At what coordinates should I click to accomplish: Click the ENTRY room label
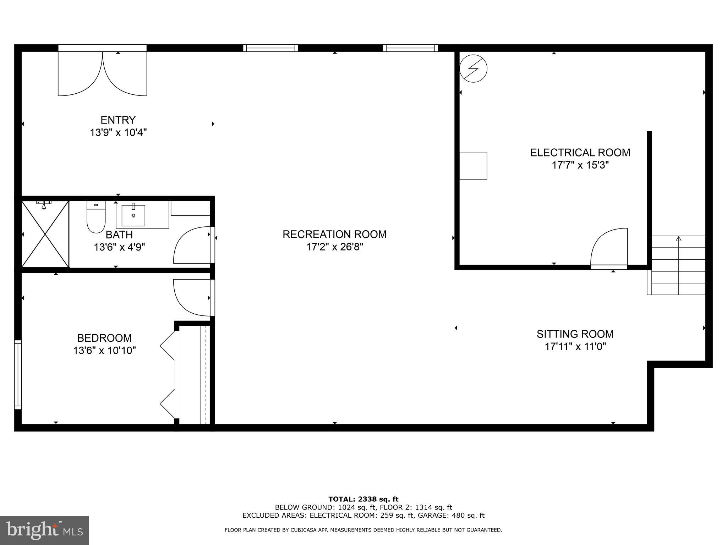pyautogui.click(x=118, y=120)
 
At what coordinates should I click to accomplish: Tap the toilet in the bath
pyautogui.click(x=96, y=217)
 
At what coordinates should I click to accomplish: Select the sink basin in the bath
pyautogui.click(x=133, y=215)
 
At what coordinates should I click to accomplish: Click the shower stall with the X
pyautogui.click(x=45, y=234)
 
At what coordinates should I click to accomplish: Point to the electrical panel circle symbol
pyautogui.click(x=473, y=68)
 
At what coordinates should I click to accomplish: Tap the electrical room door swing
pyautogui.click(x=609, y=247)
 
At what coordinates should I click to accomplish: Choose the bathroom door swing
pyautogui.click(x=192, y=245)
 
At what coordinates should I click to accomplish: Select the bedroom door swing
pyautogui.click(x=192, y=297)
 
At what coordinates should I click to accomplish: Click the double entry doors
pyautogui.click(x=102, y=73)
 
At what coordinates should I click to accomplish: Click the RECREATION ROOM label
pyautogui.click(x=334, y=234)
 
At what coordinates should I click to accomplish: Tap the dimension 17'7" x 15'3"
pyautogui.click(x=580, y=165)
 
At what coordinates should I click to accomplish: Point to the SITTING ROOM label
pyautogui.click(x=575, y=334)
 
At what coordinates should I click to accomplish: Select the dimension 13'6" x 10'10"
pyautogui.click(x=104, y=351)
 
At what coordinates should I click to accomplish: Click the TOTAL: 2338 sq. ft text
pyautogui.click(x=363, y=499)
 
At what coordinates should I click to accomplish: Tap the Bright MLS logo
pyautogui.click(x=44, y=530)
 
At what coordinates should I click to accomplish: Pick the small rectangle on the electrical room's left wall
pyautogui.click(x=473, y=166)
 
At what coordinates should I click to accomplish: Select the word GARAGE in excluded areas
pyautogui.click(x=430, y=515)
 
